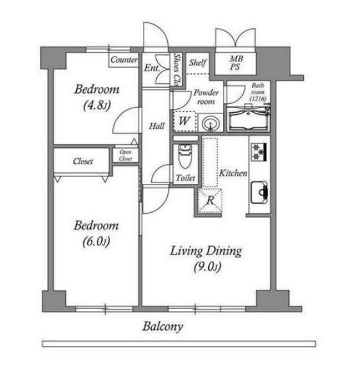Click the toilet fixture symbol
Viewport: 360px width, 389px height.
pos(184,156)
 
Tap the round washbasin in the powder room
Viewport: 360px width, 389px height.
pos(211,123)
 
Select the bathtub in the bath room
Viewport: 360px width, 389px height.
pos(249,120)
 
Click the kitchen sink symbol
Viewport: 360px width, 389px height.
pos(259,192)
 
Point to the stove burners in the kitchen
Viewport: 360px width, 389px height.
pos(259,152)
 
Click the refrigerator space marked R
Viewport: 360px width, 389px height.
pos(209,201)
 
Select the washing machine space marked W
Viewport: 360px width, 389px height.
pos(184,121)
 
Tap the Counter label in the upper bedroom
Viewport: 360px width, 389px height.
pos(124,60)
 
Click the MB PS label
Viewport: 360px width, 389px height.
pos(236,63)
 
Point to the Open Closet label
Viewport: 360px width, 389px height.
pos(125,155)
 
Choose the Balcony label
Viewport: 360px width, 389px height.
pos(163,327)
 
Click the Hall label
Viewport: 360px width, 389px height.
pos(157,126)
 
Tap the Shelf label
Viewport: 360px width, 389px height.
pos(197,63)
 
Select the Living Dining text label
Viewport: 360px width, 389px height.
pos(206,251)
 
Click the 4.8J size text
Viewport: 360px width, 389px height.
pos(97,106)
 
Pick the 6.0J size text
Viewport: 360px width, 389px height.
pos(96,242)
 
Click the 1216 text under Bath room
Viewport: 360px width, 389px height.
pos(258,99)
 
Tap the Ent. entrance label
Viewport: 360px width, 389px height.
pos(152,68)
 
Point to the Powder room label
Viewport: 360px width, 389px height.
pos(206,97)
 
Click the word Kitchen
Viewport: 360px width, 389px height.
pos(233,173)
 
